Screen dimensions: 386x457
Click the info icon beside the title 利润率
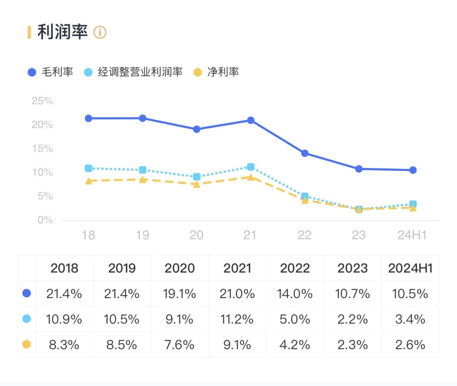pyautogui.click(x=100, y=32)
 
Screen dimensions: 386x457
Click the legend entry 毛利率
pyautogui.click(x=50, y=72)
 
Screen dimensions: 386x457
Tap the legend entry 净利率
pyautogui.click(x=216, y=72)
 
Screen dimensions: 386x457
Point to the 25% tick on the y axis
pyautogui.click(x=42, y=101)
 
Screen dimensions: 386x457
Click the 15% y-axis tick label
pyautogui.click(x=42, y=148)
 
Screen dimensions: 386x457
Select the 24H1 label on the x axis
pyautogui.click(x=412, y=235)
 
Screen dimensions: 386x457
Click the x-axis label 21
pyautogui.click(x=250, y=235)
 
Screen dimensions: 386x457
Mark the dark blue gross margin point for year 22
pyautogui.click(x=305, y=153)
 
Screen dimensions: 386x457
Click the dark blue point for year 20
pyautogui.click(x=197, y=129)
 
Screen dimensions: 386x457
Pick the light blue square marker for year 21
pyautogui.click(x=251, y=167)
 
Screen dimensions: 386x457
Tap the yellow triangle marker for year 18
pyautogui.click(x=89, y=181)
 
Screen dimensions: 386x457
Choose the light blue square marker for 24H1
pyautogui.click(x=413, y=204)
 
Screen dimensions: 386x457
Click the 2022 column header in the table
pyautogui.click(x=295, y=268)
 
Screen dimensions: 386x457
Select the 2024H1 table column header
pyautogui.click(x=410, y=268)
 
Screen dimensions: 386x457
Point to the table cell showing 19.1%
pyautogui.click(x=179, y=294)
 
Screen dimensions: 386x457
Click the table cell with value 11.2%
pyautogui.click(x=237, y=319)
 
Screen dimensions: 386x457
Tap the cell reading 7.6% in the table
pyautogui.click(x=179, y=345)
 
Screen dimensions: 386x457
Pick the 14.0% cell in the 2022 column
pyautogui.click(x=295, y=294)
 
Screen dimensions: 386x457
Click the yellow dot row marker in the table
pyautogui.click(x=26, y=344)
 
